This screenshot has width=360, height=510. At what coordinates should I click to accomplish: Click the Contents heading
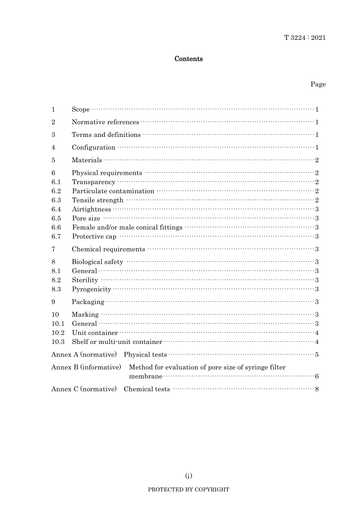pyautogui.click(x=188, y=59)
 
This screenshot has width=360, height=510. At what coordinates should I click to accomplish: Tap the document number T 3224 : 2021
pyautogui.click(x=305, y=38)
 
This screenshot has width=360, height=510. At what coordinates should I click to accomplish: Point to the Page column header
pyautogui.click(x=318, y=84)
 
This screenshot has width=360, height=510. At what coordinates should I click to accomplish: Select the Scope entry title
pyautogui.click(x=81, y=110)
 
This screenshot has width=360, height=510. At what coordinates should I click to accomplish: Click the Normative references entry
pyautogui.click(x=105, y=122)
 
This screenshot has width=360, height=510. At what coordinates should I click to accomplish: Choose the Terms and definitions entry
pyautogui.click(x=106, y=135)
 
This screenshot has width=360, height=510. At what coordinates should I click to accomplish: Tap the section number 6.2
pyautogui.click(x=56, y=191)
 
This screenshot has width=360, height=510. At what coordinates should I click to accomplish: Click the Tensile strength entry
pyautogui.click(x=98, y=200)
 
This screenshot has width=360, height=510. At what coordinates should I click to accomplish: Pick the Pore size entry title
pyautogui.click(x=86, y=218)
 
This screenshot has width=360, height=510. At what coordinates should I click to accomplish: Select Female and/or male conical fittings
pyautogui.click(x=127, y=228)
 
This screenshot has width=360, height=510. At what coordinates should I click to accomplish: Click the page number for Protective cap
pyautogui.click(x=317, y=237)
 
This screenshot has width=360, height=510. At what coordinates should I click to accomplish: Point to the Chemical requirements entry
pyautogui.click(x=108, y=249)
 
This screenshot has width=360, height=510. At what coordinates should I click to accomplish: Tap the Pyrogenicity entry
pyautogui.click(x=92, y=289)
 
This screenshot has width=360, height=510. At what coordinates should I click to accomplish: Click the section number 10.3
pyautogui.click(x=58, y=342)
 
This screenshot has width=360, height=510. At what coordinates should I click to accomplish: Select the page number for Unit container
pyautogui.click(x=317, y=333)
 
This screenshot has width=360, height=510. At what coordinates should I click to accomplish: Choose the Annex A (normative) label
pyautogui.click(x=84, y=355)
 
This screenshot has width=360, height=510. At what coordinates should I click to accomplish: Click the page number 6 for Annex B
pyautogui.click(x=317, y=377)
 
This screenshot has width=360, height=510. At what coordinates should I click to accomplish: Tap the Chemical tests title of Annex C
pyautogui.click(x=147, y=389)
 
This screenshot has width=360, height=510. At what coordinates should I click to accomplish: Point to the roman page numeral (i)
pyautogui.click(x=188, y=476)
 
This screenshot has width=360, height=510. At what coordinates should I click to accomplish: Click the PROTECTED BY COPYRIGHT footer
pyautogui.click(x=188, y=490)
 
